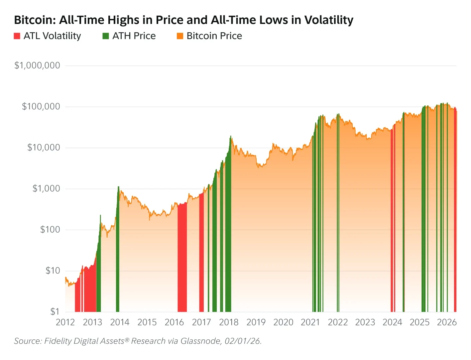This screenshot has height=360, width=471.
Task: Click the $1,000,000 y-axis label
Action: point(37,65)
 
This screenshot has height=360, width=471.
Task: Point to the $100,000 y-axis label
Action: point(41,106)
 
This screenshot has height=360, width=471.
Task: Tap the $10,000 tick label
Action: point(44,148)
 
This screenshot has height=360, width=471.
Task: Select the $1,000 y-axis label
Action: point(46,188)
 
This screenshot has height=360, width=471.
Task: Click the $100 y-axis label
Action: point(50,230)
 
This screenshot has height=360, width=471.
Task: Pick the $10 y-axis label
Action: point(53,271)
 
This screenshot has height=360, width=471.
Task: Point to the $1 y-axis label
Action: point(55,311)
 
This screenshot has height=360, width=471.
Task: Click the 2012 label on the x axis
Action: point(65,322)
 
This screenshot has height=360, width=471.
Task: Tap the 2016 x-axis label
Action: point(174,322)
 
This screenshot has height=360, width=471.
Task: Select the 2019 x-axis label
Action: point(256,322)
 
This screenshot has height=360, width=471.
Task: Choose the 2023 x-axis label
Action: point(365,322)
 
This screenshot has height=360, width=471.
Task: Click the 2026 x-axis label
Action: point(447,322)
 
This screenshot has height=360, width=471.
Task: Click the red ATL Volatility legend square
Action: point(17,36)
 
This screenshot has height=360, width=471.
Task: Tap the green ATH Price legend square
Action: point(106,36)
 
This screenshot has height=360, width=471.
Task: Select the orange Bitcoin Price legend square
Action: point(180,36)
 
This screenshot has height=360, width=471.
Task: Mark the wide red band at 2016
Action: point(182,259)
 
